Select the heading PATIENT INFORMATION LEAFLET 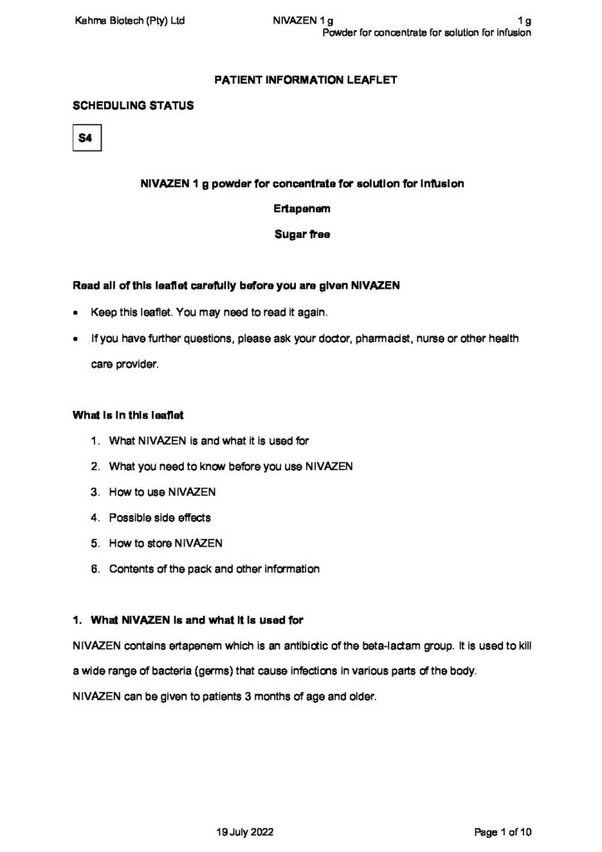pos(301,81)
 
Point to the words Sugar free pos(301,235)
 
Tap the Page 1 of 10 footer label pos(501,831)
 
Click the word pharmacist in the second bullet pos(351,339)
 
